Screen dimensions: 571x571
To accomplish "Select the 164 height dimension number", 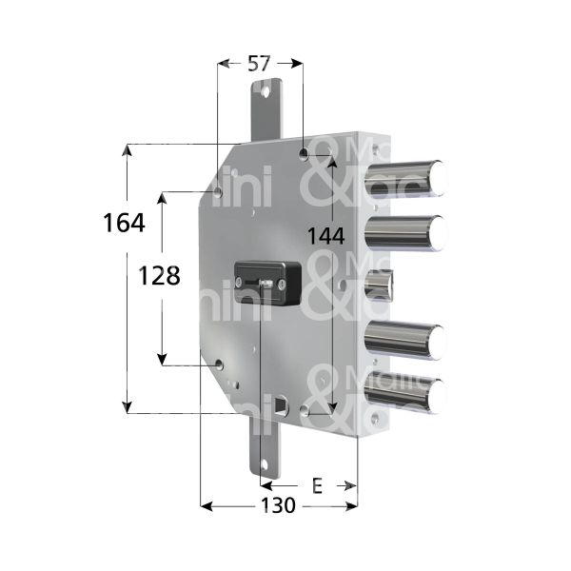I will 124,223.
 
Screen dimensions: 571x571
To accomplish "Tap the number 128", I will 159,276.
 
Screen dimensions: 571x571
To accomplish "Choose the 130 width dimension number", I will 277,506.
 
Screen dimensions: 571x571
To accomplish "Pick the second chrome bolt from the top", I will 404,231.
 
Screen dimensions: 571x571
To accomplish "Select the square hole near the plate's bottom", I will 280,407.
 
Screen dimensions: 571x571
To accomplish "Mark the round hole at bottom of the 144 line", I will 305,411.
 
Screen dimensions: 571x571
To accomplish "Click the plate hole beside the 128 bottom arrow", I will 220,364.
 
